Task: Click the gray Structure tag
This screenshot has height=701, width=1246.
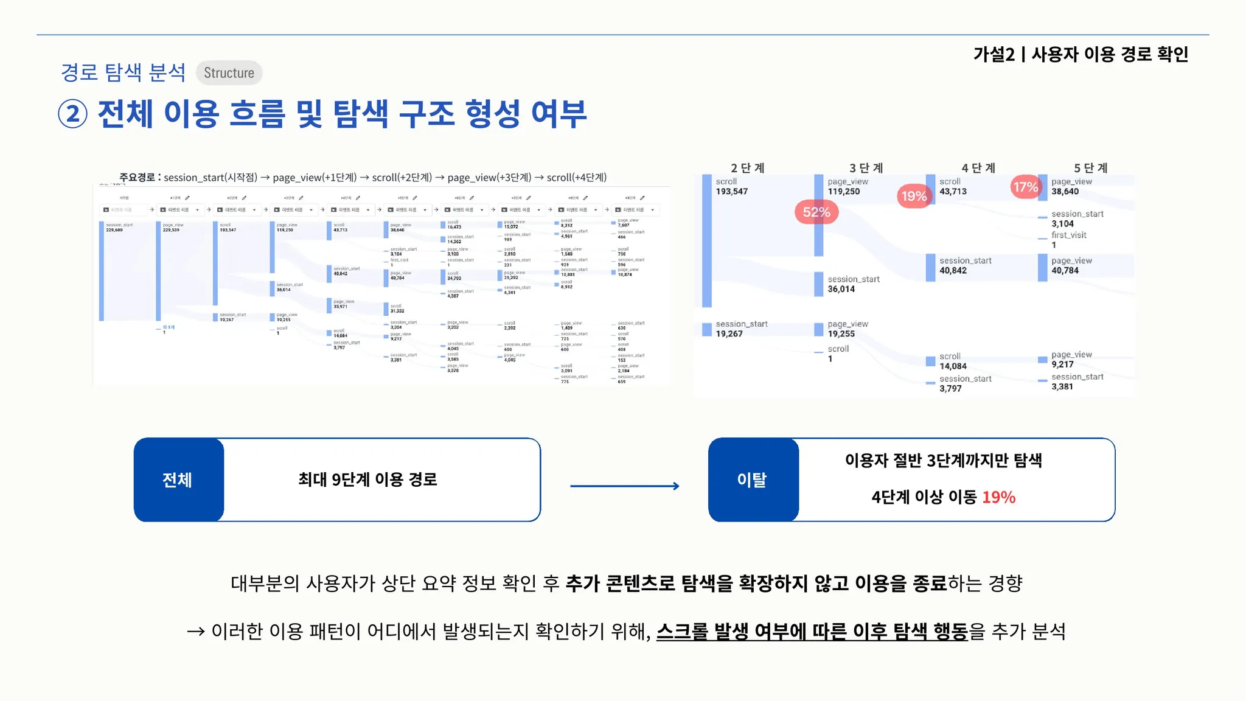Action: click(x=229, y=73)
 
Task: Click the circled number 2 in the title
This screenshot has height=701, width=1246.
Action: click(x=73, y=114)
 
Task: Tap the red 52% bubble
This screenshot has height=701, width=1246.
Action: click(x=816, y=212)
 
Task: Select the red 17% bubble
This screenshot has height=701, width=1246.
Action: click(x=1025, y=187)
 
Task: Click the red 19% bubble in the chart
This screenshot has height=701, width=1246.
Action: click(x=914, y=196)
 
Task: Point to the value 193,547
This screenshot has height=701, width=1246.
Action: click(x=731, y=192)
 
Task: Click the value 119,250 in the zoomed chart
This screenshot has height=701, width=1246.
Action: click(x=843, y=192)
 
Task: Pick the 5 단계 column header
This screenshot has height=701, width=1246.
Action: click(x=1090, y=168)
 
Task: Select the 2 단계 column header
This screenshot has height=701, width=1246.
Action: click(x=747, y=168)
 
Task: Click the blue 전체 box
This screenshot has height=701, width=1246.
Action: click(x=178, y=480)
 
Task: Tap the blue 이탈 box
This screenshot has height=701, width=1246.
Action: click(x=753, y=480)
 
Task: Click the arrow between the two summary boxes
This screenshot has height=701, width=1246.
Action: click(x=624, y=486)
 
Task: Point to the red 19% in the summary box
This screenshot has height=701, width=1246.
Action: click(x=998, y=497)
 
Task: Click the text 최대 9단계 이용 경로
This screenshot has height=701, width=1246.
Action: click(x=367, y=480)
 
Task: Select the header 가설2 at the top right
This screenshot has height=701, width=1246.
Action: click(x=994, y=55)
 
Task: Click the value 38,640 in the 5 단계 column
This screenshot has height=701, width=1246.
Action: click(x=1065, y=192)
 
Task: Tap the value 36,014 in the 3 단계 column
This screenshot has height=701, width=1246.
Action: click(x=841, y=289)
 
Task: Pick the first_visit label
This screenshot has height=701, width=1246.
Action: click(x=1068, y=235)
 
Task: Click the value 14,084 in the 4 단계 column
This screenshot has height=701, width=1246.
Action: click(x=953, y=366)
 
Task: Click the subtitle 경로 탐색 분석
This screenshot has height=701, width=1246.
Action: click(x=124, y=72)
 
